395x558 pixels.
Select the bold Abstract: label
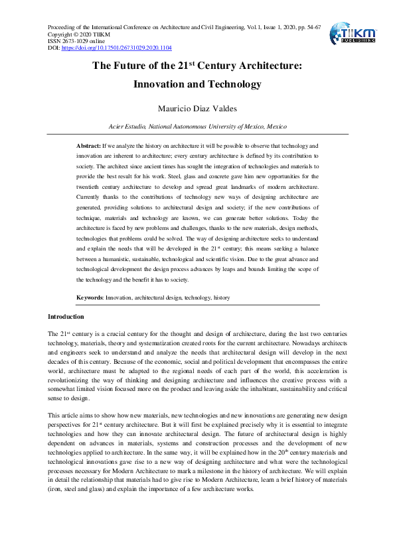(x=88, y=144)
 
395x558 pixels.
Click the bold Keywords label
(x=90, y=298)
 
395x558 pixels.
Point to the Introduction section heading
(x=66, y=317)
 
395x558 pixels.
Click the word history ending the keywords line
(x=221, y=298)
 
